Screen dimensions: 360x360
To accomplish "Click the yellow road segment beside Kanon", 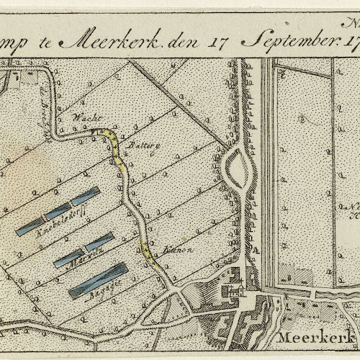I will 148,253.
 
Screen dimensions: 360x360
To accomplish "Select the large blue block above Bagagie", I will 99,280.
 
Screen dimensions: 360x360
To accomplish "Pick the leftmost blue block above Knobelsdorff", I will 30,227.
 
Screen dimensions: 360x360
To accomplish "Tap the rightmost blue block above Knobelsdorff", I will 85,196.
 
